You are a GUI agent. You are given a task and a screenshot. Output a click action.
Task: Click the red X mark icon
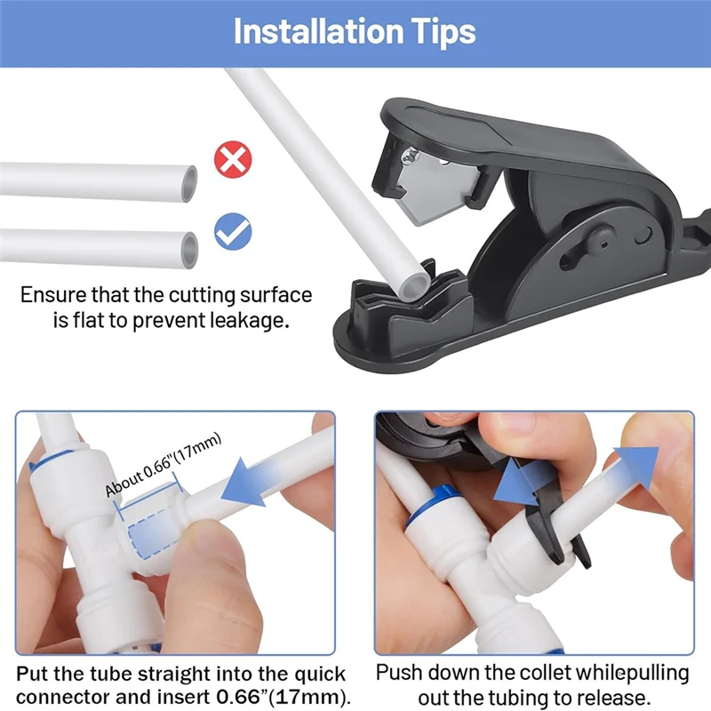(234, 161)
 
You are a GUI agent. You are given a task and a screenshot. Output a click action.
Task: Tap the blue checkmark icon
(234, 232)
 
